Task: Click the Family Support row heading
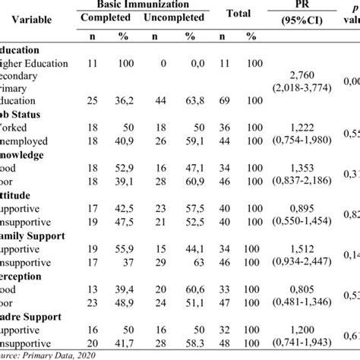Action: [x=35, y=237]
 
